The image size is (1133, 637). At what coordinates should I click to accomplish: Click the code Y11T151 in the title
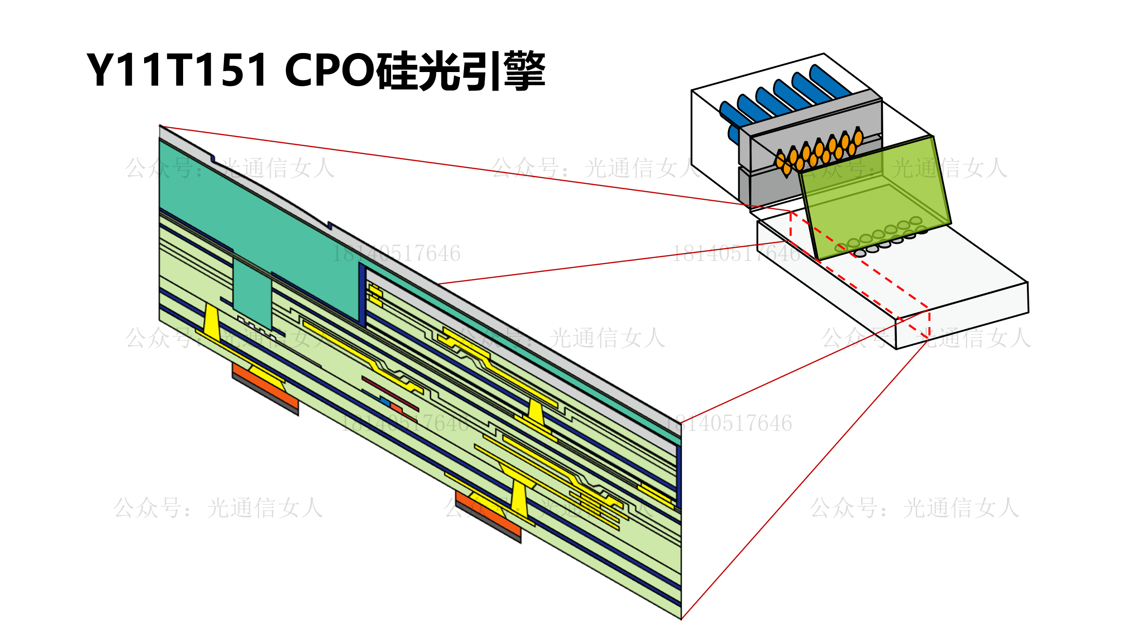pyautogui.click(x=177, y=70)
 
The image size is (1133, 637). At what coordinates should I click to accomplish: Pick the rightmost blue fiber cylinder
pyautogui.click(x=829, y=82)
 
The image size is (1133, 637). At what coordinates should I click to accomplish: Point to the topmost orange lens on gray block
pyautogui.click(x=858, y=137)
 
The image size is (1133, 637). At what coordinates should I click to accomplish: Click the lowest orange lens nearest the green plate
pyautogui.click(x=787, y=169)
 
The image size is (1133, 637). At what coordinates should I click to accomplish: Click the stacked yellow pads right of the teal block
pyautogui.click(x=375, y=295)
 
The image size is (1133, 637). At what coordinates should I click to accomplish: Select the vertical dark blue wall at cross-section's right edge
pyautogui.click(x=678, y=476)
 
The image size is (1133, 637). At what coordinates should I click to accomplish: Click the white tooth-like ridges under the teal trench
pyautogui.click(x=256, y=327)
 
